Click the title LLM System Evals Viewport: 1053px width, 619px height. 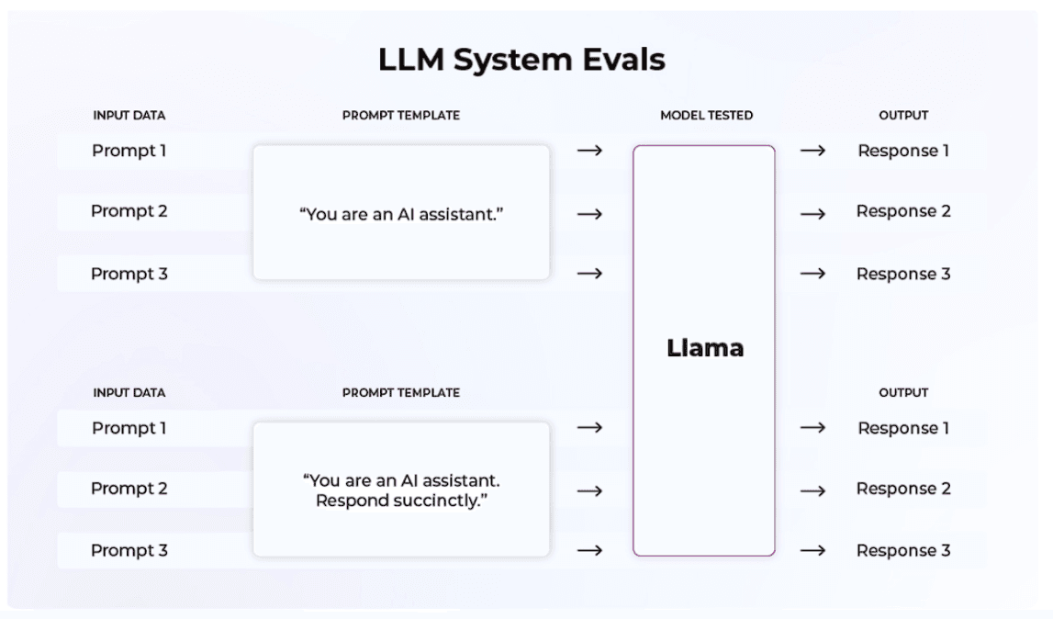(521, 61)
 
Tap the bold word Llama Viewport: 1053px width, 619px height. (704, 349)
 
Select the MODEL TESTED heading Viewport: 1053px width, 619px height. (706, 116)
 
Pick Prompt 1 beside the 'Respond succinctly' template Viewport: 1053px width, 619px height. (129, 428)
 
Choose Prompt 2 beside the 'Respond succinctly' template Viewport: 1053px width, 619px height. (129, 489)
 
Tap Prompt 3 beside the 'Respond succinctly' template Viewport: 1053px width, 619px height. (129, 550)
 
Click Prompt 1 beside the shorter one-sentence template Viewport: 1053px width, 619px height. (129, 151)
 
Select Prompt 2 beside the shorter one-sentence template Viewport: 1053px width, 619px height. (129, 211)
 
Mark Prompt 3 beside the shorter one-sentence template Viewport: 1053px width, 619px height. (129, 274)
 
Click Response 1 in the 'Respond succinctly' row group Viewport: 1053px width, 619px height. (902, 428)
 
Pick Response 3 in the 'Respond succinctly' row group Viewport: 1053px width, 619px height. (902, 550)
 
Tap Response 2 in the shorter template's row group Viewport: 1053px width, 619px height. (902, 211)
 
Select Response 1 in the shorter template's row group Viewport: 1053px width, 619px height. (902, 151)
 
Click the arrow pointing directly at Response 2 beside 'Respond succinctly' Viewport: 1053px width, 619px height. (812, 490)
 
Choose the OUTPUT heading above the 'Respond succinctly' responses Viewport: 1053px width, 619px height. (902, 393)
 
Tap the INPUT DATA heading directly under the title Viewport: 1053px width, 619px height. (129, 116)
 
